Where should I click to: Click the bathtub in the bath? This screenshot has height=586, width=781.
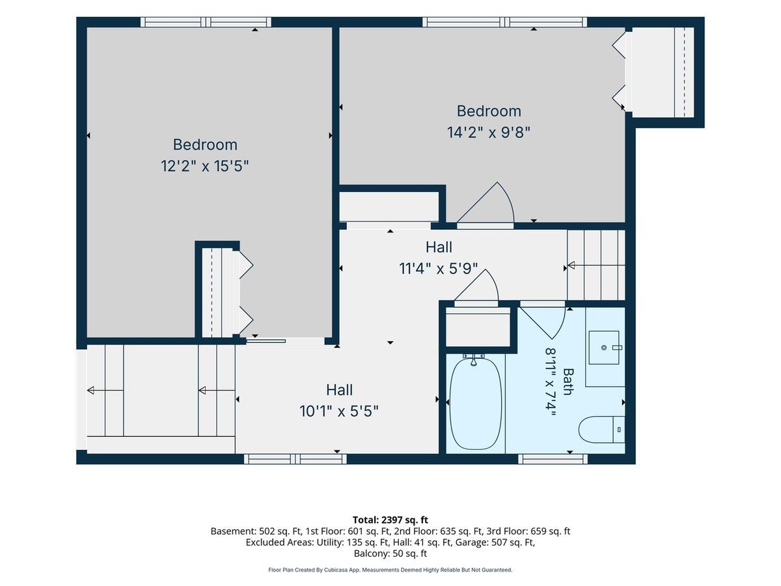(476, 404)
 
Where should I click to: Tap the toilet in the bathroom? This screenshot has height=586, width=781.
(601, 430)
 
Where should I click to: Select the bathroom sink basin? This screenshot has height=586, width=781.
(604, 348)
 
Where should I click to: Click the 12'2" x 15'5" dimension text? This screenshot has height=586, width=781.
(204, 166)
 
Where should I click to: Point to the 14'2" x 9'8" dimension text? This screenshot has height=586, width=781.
(489, 132)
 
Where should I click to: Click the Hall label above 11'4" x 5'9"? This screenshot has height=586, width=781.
(439, 247)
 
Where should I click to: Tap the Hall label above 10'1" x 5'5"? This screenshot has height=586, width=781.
(340, 390)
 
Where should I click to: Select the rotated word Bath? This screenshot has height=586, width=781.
(568, 382)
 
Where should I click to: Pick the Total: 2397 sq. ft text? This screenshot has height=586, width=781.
(390, 520)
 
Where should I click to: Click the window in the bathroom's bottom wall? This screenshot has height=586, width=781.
(553, 459)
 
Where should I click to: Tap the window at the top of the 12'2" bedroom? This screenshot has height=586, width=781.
(206, 22)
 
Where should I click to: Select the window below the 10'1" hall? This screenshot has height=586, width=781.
(295, 459)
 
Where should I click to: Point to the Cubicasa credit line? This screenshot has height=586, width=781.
(390, 570)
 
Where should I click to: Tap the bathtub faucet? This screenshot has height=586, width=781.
(474, 361)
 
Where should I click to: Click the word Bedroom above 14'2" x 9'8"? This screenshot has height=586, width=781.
(489, 111)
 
